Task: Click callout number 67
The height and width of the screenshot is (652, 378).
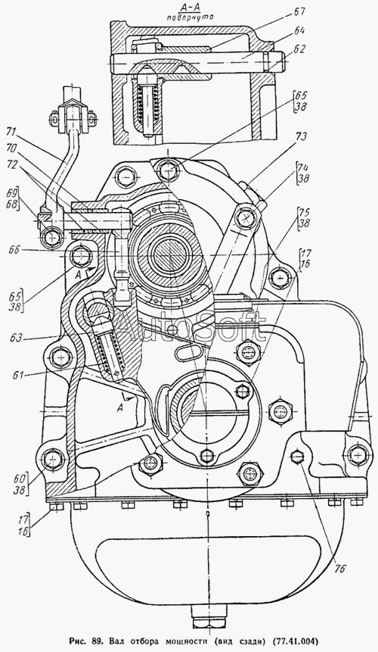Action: tap(299, 12)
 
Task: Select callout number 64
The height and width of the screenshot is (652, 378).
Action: tap(299, 31)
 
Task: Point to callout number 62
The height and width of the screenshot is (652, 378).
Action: tap(299, 49)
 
